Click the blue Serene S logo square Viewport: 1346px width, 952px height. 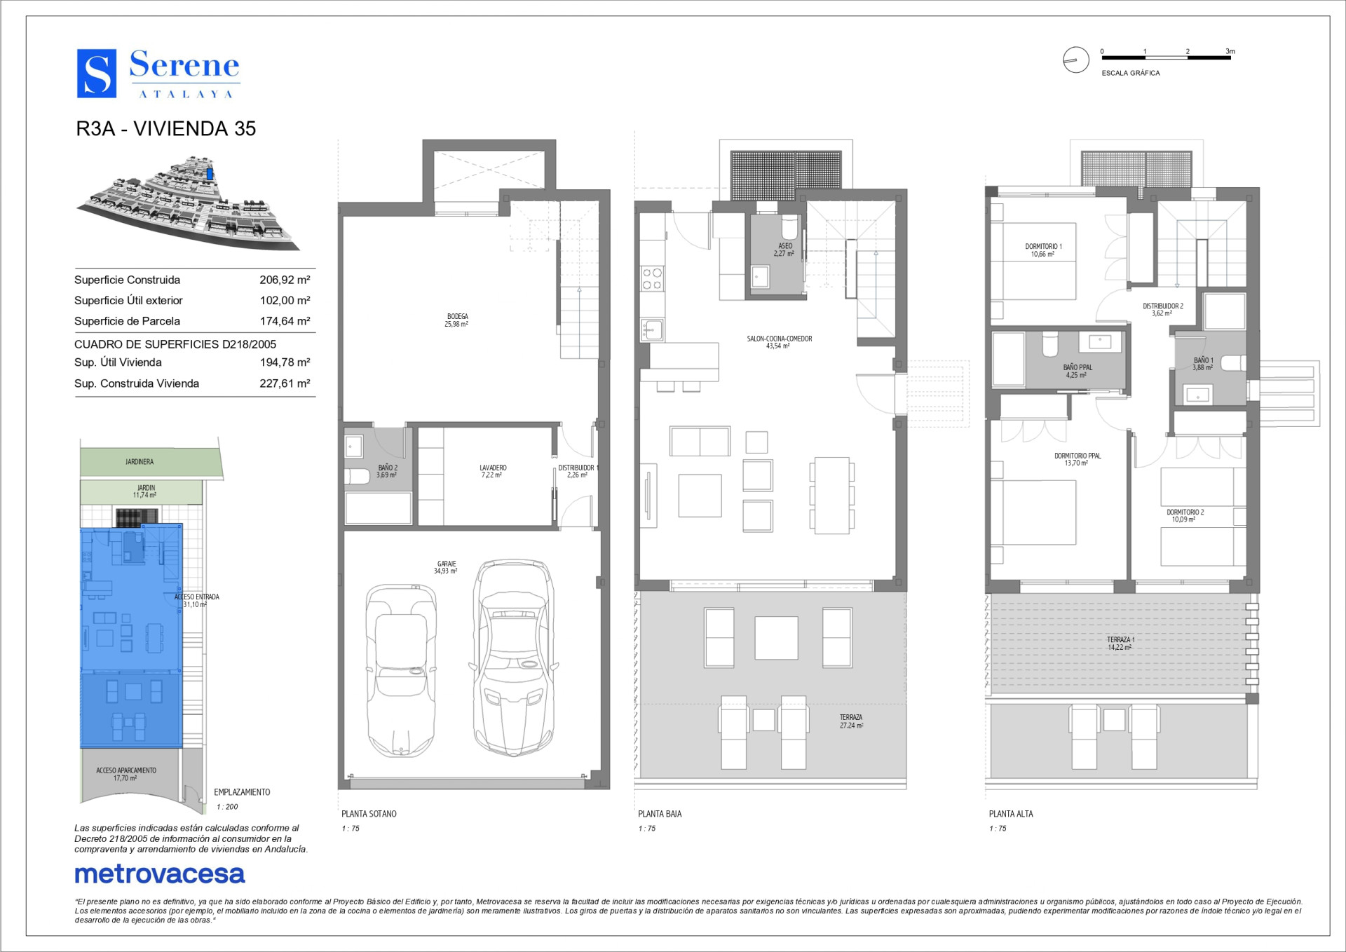click(96, 73)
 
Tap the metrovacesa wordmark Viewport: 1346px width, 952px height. click(160, 873)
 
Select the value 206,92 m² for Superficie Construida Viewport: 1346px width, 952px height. click(285, 280)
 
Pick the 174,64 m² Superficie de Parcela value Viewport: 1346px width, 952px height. click(285, 321)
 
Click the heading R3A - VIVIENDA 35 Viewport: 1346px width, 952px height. click(166, 129)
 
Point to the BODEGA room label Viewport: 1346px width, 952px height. click(457, 317)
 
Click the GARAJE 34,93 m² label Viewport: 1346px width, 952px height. click(446, 567)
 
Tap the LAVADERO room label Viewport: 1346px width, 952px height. click(493, 468)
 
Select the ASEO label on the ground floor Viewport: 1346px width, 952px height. click(785, 246)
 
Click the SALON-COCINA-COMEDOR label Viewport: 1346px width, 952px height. click(779, 339)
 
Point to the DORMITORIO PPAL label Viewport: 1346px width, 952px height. click(1078, 456)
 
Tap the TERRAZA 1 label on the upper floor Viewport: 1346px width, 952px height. click(1120, 639)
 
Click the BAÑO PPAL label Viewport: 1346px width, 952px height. click(1078, 367)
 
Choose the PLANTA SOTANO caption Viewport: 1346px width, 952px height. click(369, 814)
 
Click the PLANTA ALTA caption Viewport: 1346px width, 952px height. click(1011, 814)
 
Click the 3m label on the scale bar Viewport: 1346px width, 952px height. click(1230, 51)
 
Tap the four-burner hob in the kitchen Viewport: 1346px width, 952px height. click(652, 279)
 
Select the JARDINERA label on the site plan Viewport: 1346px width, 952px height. click(140, 462)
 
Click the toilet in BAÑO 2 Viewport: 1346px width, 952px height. click(357, 477)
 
